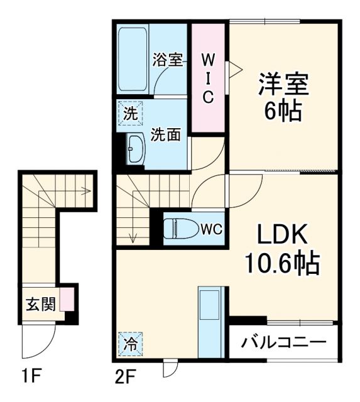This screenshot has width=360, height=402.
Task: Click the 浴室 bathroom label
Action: tap(168, 61)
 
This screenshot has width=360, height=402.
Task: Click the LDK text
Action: tap(281, 236)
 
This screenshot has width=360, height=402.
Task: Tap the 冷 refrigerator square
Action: tap(129, 344)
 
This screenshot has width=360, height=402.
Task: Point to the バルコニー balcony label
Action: tap(284, 344)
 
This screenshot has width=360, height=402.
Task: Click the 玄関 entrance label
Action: tap(40, 303)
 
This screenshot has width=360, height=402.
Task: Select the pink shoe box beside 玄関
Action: tap(65, 300)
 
